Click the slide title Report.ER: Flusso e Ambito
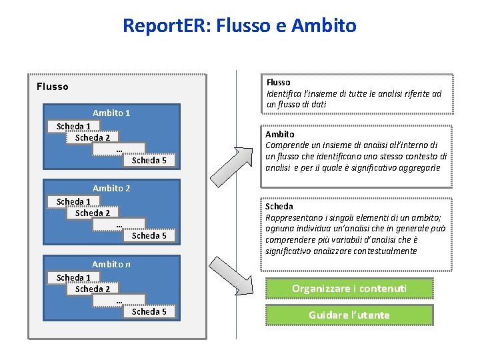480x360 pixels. pyautogui.click(x=239, y=26)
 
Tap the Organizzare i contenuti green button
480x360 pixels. pyautogui.click(x=350, y=288)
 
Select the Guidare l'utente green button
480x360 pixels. pyautogui.click(x=350, y=315)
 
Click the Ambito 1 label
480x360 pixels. pyautogui.click(x=111, y=113)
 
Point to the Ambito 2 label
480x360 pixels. pyautogui.click(x=111, y=188)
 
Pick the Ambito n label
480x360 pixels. pyautogui.click(x=111, y=264)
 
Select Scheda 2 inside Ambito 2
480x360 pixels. pyautogui.click(x=93, y=213)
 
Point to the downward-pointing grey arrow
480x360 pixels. pyautogui.click(x=244, y=280)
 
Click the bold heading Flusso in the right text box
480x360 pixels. pyautogui.click(x=279, y=83)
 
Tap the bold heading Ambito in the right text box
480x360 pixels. pyautogui.click(x=280, y=134)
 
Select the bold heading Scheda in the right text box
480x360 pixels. pyautogui.click(x=279, y=206)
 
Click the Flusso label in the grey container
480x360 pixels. pyautogui.click(x=53, y=86)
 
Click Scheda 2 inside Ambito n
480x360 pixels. pyautogui.click(x=93, y=289)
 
